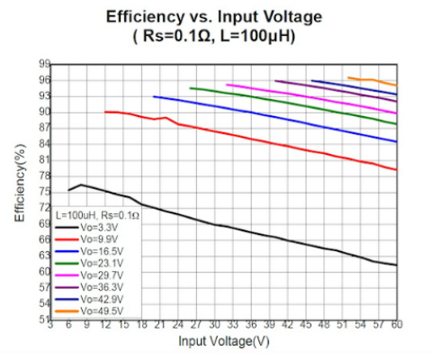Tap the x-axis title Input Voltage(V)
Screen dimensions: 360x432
coord(223,342)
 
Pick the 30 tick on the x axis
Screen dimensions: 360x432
coord(214,327)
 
